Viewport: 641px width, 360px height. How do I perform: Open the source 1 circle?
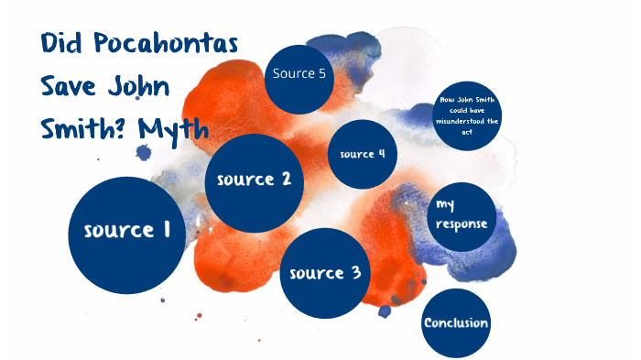click(126, 230)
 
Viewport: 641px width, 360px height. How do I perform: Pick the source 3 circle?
click(325, 272)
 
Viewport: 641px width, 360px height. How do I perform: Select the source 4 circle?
click(363, 154)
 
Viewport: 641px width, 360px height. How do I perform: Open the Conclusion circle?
click(456, 322)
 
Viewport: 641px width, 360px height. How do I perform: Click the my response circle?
click(462, 214)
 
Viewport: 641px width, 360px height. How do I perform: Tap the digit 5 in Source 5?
click(321, 74)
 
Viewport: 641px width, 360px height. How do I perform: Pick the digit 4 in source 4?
click(381, 154)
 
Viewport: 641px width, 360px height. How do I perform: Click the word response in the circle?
click(462, 224)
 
